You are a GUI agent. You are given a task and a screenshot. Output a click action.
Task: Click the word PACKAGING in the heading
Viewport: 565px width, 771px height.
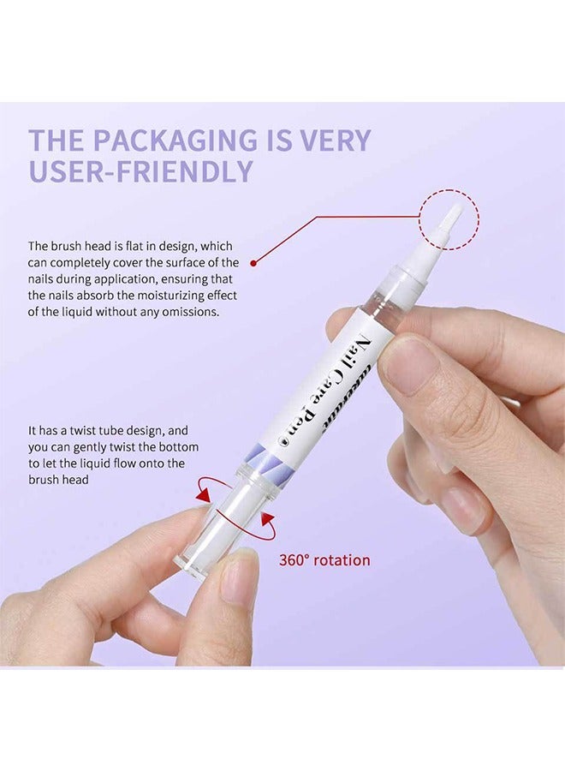(x=175, y=140)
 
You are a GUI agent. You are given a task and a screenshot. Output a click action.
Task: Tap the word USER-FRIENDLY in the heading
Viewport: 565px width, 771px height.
(x=141, y=170)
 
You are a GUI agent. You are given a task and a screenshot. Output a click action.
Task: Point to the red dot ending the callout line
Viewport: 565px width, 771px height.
(x=253, y=263)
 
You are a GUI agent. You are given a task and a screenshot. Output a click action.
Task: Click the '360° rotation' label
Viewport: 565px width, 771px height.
(x=324, y=560)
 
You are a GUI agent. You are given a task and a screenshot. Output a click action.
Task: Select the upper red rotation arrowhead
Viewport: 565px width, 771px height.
(x=203, y=495)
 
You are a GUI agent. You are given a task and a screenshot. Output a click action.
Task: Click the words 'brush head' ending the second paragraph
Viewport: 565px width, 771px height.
(x=58, y=480)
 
